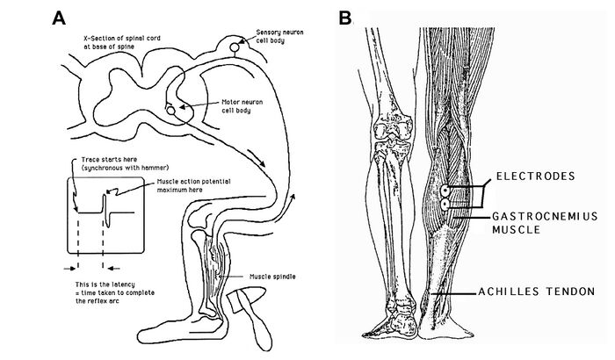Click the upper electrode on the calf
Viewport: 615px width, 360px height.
(x=446, y=190)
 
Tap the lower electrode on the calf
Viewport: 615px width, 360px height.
(x=445, y=205)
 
